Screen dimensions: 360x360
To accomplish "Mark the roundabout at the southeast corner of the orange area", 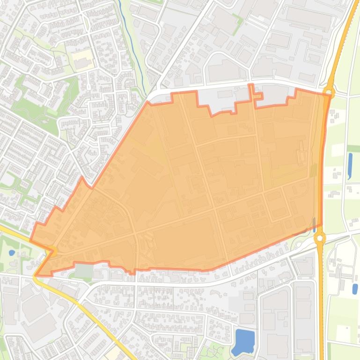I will pos(320,238).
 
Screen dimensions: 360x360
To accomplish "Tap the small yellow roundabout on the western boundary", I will pos(52,252).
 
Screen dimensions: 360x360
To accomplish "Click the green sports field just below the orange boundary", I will pos(83,271).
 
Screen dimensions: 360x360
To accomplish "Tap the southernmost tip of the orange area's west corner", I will pos(36,275).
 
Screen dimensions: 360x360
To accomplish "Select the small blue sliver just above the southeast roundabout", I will pos(314,222).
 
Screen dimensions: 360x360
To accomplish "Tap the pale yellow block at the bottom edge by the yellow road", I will pos(112,353).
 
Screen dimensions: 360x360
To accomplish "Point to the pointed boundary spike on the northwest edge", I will pos(82,178).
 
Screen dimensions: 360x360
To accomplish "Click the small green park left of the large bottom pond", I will pos(215,348).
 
